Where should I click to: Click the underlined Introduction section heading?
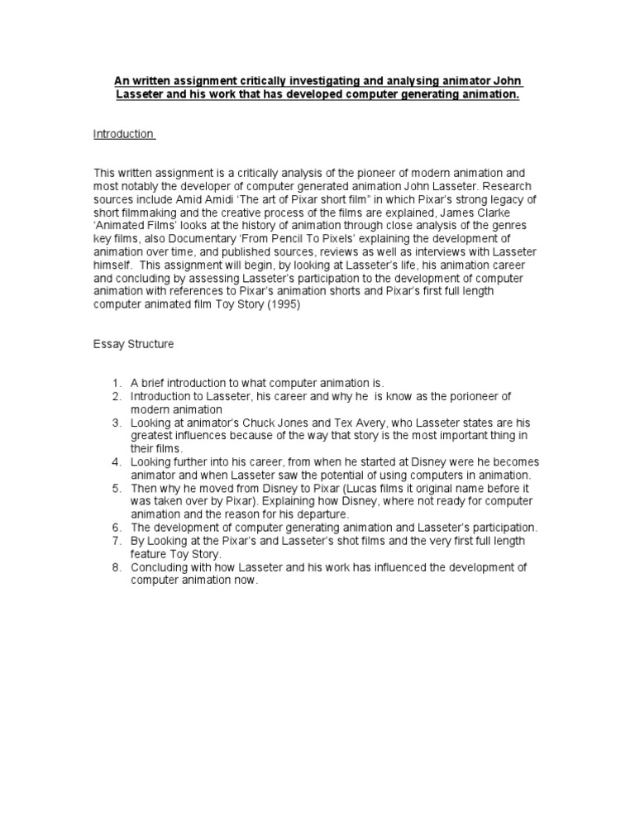pos(123,134)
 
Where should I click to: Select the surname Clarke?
pos(516,212)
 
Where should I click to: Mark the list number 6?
pos(117,528)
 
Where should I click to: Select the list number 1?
pos(117,383)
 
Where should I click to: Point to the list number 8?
pos(117,567)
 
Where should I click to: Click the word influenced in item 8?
pos(384,567)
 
